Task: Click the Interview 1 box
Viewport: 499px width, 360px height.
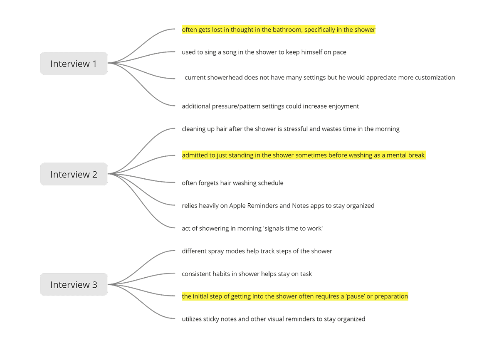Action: click(x=74, y=64)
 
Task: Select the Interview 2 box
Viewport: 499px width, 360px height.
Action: click(x=74, y=174)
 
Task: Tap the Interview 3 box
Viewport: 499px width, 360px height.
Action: click(x=74, y=285)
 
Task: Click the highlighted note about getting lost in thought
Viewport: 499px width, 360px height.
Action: click(x=278, y=30)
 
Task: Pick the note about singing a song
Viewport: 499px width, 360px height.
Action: click(x=264, y=52)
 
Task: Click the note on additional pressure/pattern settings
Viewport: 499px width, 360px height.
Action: click(x=270, y=106)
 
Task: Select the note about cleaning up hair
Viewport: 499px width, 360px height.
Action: click(x=290, y=129)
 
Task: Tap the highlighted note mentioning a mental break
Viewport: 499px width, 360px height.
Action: click(x=303, y=155)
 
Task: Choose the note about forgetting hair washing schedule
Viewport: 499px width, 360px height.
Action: click(x=232, y=183)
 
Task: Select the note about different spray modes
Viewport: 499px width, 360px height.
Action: click(x=257, y=251)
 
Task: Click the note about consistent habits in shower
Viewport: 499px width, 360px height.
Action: click(x=247, y=274)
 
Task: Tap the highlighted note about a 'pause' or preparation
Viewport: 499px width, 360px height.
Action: click(x=295, y=296)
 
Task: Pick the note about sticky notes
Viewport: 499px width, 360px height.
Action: click(x=273, y=319)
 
